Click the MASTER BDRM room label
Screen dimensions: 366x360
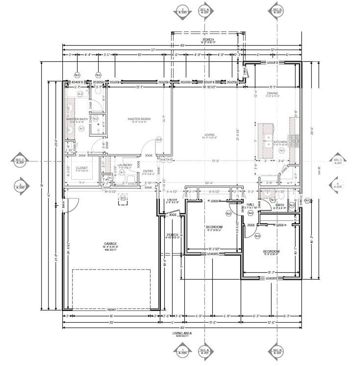click(139, 119)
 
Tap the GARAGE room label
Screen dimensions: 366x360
click(110, 243)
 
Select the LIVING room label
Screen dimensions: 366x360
click(210, 135)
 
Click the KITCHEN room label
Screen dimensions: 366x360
click(280, 142)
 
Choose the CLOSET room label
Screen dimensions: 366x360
click(82, 168)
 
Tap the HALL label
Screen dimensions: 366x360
click(251, 204)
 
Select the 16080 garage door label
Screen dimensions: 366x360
click(111, 310)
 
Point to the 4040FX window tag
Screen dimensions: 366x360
click(76, 82)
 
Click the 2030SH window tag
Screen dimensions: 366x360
click(98, 82)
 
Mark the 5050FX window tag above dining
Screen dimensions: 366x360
click(272, 63)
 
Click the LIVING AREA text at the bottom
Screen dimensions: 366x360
click(182, 333)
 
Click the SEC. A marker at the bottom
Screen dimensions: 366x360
click(204, 352)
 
